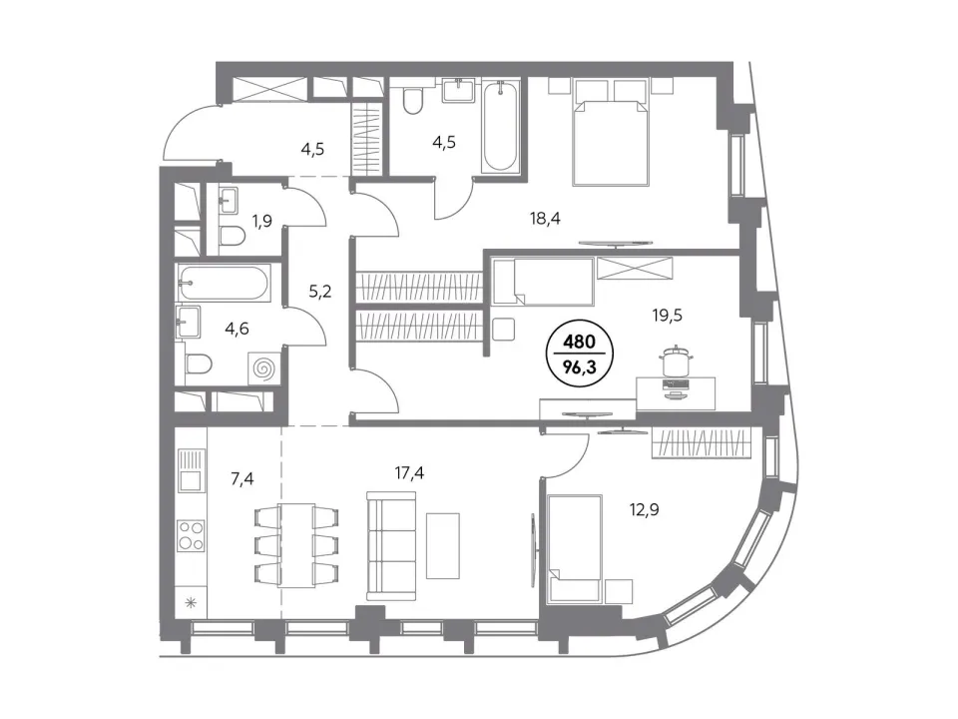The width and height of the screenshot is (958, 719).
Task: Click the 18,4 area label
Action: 545,219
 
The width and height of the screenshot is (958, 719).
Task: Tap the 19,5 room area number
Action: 668,316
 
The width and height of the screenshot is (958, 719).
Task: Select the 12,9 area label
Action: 644,508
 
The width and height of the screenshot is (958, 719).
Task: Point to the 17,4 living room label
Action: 409,472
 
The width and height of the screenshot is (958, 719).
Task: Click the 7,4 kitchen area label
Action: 241,478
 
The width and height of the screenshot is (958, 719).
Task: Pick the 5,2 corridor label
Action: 319,292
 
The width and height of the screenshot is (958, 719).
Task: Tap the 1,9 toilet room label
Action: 261,221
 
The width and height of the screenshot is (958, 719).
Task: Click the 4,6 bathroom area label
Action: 237,329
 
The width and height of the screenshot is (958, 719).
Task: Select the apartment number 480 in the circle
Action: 580,342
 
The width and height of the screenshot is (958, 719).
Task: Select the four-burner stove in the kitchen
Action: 191,535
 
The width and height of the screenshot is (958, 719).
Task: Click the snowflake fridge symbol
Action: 191,603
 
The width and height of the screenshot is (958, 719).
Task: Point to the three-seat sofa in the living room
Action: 391,546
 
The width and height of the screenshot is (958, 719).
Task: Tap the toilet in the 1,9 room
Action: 232,236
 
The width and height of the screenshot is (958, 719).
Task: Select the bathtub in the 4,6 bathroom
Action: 223,283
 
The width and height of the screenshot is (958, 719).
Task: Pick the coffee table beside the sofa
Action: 443,546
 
